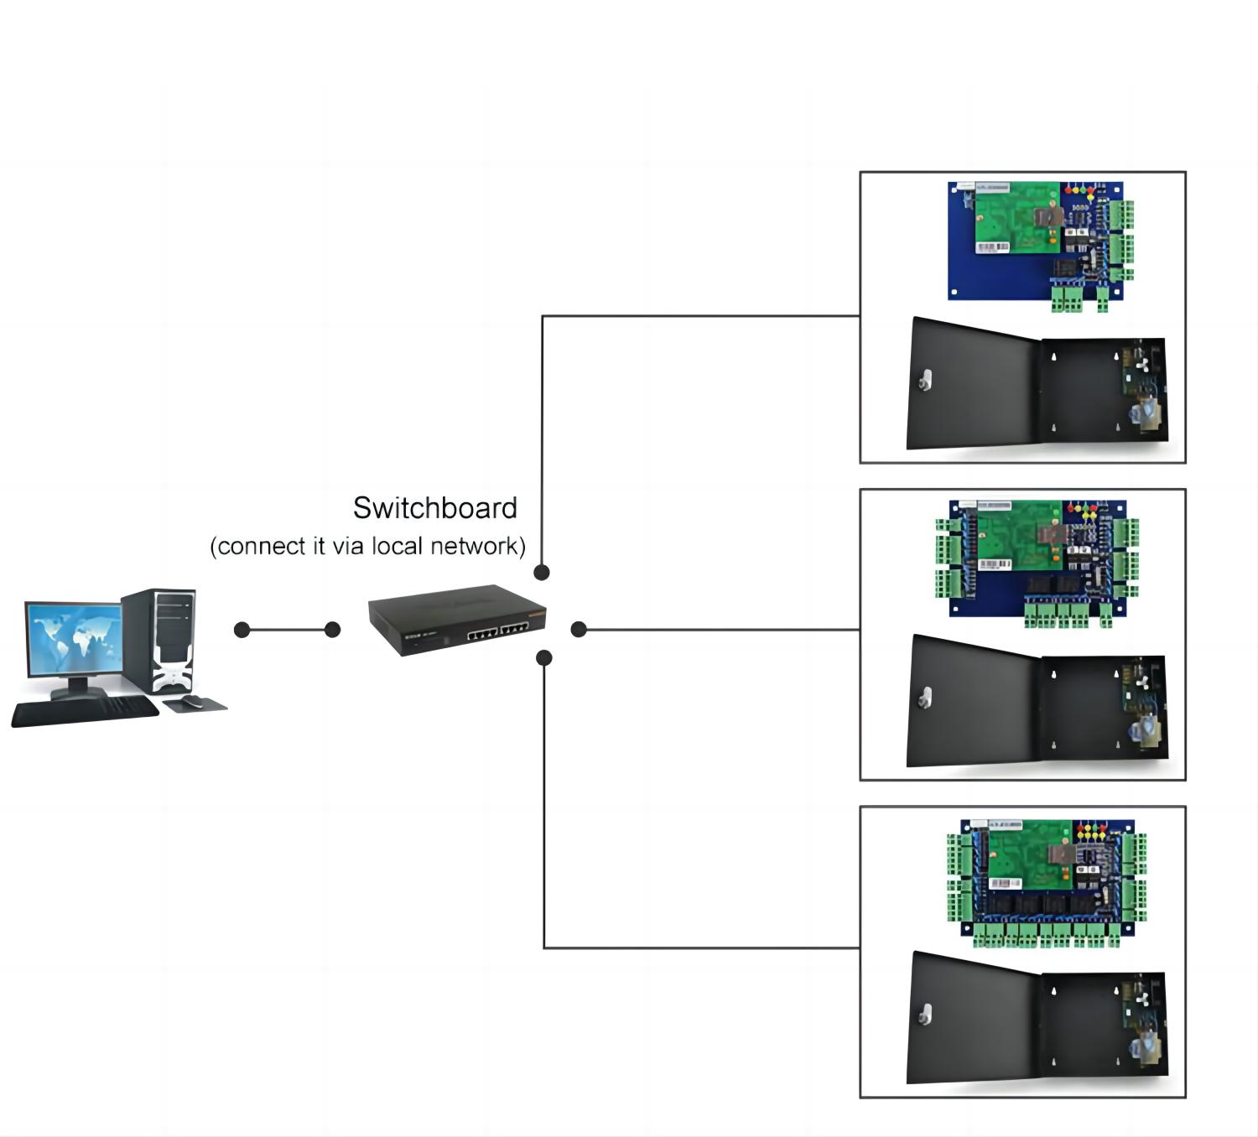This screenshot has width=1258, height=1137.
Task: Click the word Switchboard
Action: [x=434, y=508]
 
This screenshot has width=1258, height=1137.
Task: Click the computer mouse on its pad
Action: [x=192, y=701]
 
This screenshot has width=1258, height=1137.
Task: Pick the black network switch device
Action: [x=457, y=620]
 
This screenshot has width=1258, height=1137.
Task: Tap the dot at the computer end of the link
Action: [x=242, y=630]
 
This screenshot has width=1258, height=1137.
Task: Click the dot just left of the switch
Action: [x=332, y=630]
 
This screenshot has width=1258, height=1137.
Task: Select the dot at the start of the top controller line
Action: [x=542, y=573]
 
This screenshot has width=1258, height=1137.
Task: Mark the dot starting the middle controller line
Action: [x=579, y=630]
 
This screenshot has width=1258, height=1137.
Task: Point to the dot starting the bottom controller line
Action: [x=543, y=658]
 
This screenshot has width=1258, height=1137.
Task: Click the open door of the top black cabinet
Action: [x=973, y=384]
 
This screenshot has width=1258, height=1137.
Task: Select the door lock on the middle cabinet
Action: [x=926, y=698]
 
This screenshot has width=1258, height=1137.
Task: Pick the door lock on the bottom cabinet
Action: [x=926, y=1015]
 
